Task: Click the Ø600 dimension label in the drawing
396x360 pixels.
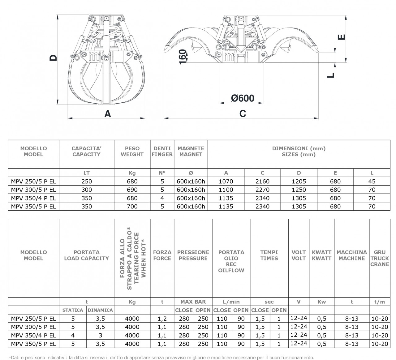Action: (x=243, y=98)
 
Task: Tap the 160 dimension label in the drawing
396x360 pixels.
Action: (x=183, y=57)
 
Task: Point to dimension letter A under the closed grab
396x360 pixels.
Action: (x=108, y=114)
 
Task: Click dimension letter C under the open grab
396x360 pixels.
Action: (x=243, y=114)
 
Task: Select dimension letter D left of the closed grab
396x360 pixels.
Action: (x=53, y=58)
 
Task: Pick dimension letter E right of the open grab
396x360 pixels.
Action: (x=341, y=37)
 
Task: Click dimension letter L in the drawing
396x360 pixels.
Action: (x=331, y=75)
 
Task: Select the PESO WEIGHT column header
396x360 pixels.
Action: (x=132, y=151)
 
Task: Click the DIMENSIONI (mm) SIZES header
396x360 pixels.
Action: (x=299, y=151)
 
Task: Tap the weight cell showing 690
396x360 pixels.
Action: (x=132, y=190)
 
